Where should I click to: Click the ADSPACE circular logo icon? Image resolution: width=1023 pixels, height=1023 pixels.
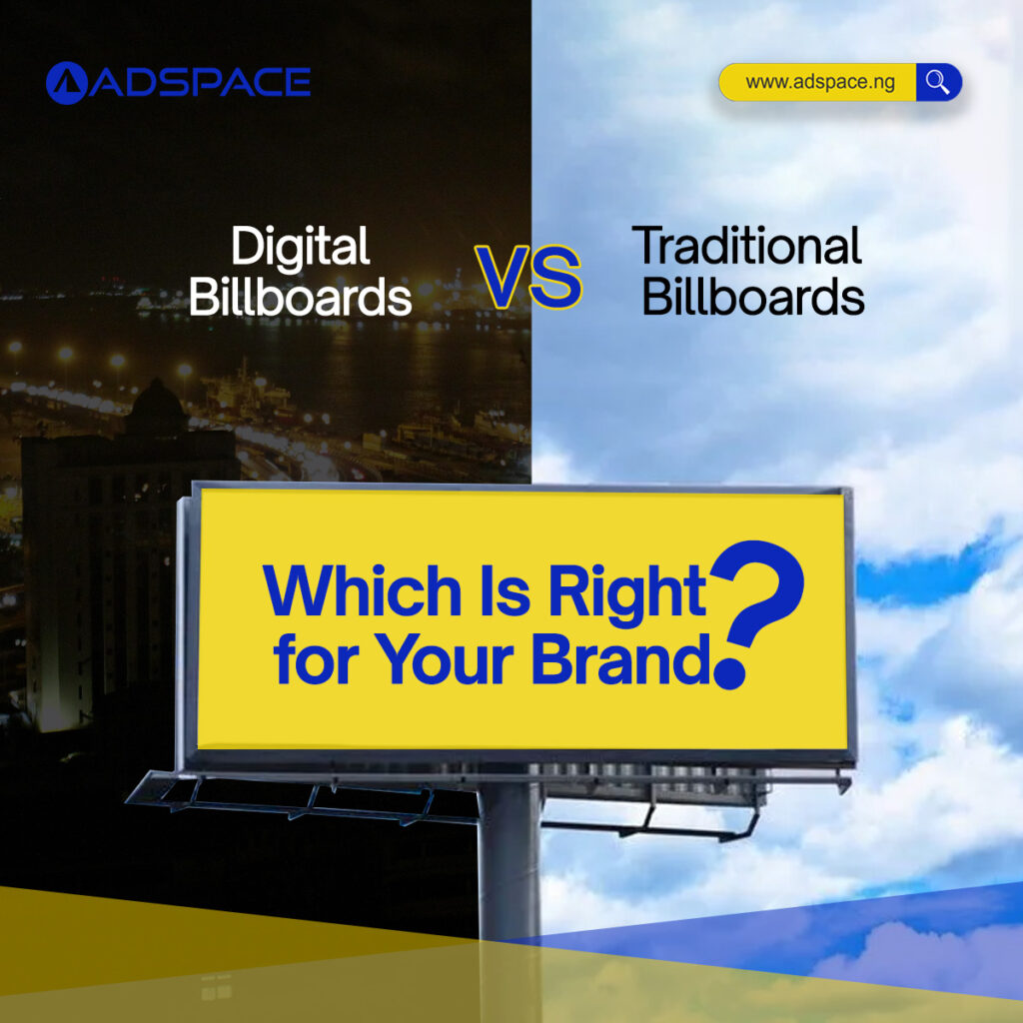(x=66, y=83)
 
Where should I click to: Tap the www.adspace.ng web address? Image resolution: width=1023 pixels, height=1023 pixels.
(x=819, y=82)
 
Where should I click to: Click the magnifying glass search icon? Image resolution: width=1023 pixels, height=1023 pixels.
(x=937, y=82)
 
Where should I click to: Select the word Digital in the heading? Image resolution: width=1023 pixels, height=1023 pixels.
(x=300, y=248)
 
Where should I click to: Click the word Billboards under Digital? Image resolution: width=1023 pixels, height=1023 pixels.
(x=300, y=297)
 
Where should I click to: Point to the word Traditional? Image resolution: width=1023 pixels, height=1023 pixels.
(x=747, y=246)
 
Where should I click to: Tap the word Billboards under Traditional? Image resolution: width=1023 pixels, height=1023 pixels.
(x=753, y=297)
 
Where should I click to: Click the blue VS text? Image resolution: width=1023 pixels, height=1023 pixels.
(x=528, y=278)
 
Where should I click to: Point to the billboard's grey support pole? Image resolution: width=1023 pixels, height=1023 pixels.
(x=509, y=859)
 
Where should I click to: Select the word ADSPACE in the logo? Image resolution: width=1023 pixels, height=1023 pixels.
(x=200, y=83)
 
